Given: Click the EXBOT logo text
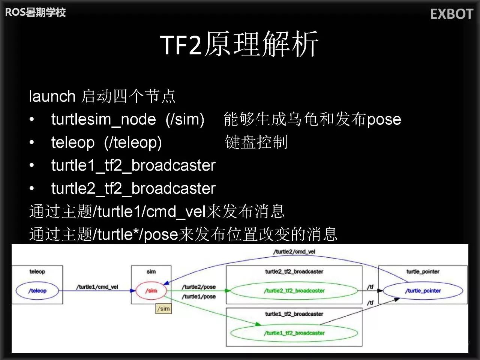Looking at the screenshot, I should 451,14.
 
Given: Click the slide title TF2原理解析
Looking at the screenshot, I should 240,44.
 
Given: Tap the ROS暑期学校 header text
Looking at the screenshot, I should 35,12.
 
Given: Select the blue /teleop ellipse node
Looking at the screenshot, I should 37,291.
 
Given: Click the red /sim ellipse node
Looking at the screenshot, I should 151,291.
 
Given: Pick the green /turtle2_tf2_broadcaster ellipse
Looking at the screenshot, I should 294,291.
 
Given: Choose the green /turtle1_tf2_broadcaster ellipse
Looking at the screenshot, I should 294,333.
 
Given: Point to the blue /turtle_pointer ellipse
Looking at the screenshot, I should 423,291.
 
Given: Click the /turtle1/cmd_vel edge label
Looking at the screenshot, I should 97,287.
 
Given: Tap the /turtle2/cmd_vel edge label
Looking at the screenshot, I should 294,252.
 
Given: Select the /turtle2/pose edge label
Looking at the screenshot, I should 199,287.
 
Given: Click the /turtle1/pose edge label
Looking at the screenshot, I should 199,297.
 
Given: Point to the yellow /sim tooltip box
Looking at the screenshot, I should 164,309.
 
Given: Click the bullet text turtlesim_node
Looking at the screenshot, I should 103,119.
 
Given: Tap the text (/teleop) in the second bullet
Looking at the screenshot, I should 133,142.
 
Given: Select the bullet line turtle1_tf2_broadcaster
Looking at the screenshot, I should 133,165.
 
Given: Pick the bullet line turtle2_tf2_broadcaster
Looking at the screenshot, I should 133,188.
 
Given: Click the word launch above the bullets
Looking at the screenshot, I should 52,96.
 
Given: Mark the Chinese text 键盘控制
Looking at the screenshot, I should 256,142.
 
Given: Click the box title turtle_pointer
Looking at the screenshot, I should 423,271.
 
